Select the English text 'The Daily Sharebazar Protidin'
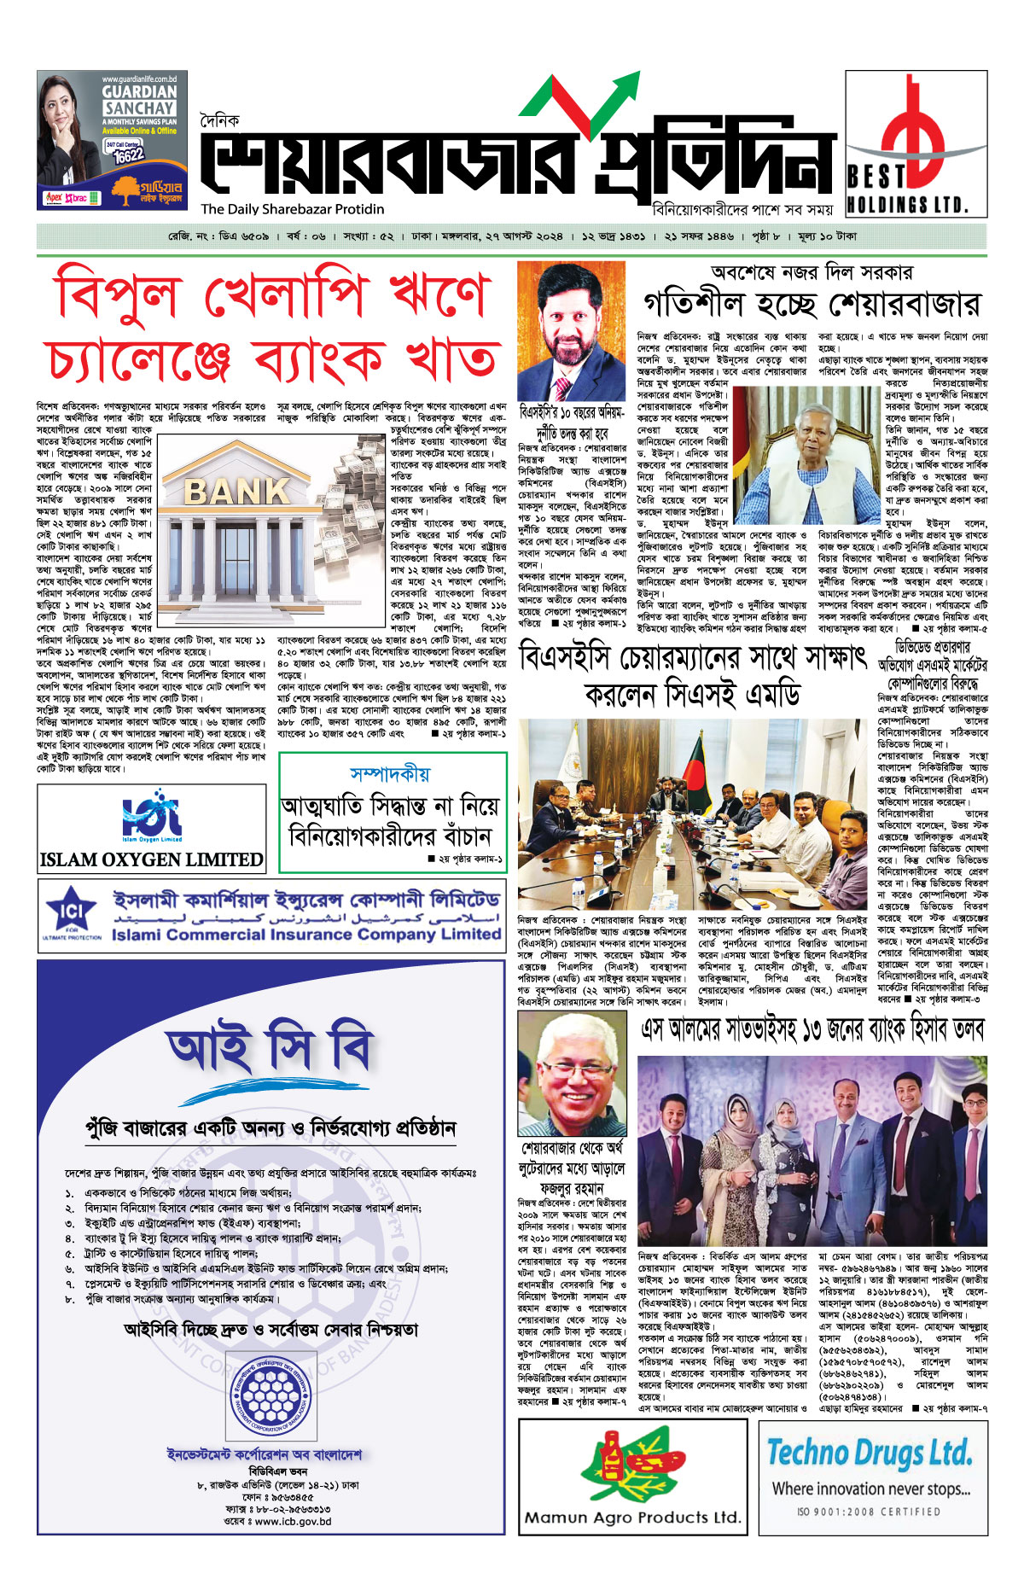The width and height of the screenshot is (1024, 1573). [293, 209]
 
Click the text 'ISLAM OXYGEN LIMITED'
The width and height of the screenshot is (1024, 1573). [151, 859]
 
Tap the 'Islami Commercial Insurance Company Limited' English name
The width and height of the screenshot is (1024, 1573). [306, 935]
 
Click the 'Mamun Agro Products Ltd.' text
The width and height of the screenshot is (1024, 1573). [631, 1517]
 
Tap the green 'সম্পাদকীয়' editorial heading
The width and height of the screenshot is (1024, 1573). [391, 774]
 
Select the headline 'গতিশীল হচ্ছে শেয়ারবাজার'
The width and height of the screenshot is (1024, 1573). [812, 304]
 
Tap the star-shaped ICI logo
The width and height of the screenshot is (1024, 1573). [71, 910]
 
